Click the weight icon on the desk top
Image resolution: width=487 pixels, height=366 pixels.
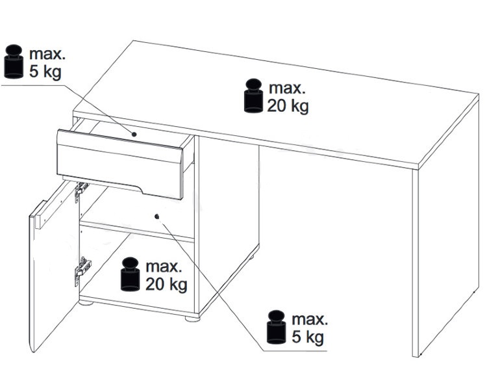click(x=254, y=96)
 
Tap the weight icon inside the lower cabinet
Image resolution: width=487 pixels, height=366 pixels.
click(x=131, y=274)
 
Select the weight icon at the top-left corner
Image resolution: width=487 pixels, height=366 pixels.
click(x=14, y=61)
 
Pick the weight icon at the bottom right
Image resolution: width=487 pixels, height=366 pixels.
click(x=276, y=327)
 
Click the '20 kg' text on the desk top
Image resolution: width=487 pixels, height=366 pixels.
click(x=288, y=107)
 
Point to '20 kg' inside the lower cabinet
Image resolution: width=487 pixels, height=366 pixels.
click(x=166, y=285)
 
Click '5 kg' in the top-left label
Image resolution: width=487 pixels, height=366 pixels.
click(x=45, y=72)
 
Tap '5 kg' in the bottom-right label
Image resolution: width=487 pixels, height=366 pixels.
click(x=308, y=337)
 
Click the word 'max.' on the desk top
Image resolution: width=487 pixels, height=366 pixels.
click(x=287, y=88)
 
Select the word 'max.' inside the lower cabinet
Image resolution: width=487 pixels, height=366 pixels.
click(x=164, y=267)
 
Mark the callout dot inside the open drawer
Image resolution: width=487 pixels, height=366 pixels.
click(x=134, y=135)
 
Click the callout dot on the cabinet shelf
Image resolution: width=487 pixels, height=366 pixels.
click(x=157, y=216)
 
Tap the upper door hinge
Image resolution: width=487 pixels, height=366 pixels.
click(x=81, y=190)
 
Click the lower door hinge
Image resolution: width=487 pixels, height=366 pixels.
click(x=82, y=270)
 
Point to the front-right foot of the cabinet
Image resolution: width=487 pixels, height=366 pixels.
click(x=193, y=319)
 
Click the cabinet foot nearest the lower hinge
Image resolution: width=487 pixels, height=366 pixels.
click(x=86, y=302)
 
